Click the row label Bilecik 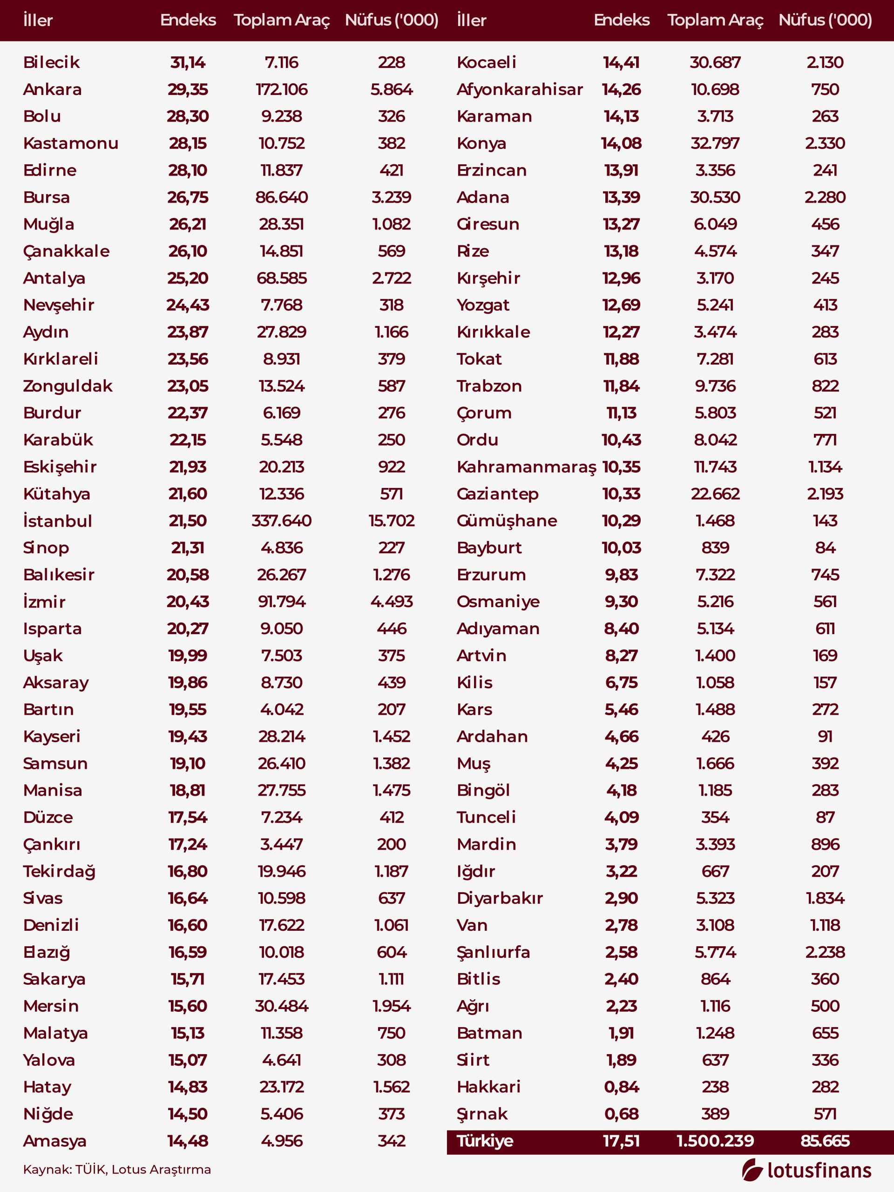coord(51,62)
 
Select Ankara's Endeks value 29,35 coord(188,89)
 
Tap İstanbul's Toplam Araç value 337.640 coord(281,521)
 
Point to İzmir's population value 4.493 coord(391,602)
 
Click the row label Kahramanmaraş coord(526,467)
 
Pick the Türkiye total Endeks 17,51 coord(621,1141)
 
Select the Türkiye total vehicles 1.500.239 coord(715,1141)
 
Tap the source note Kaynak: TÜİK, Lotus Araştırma coord(117,1169)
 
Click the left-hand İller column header coord(38,20)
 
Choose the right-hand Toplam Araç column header coord(715,20)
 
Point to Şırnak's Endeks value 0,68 coord(621,1113)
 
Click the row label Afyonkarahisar coord(520,89)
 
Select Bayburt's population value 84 coord(825,548)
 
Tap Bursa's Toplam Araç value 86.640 coord(281,197)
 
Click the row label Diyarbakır coord(500,898)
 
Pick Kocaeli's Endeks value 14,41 coord(621,62)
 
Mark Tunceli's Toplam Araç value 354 coord(715,817)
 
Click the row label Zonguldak coord(68,386)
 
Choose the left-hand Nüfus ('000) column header coord(391,20)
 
